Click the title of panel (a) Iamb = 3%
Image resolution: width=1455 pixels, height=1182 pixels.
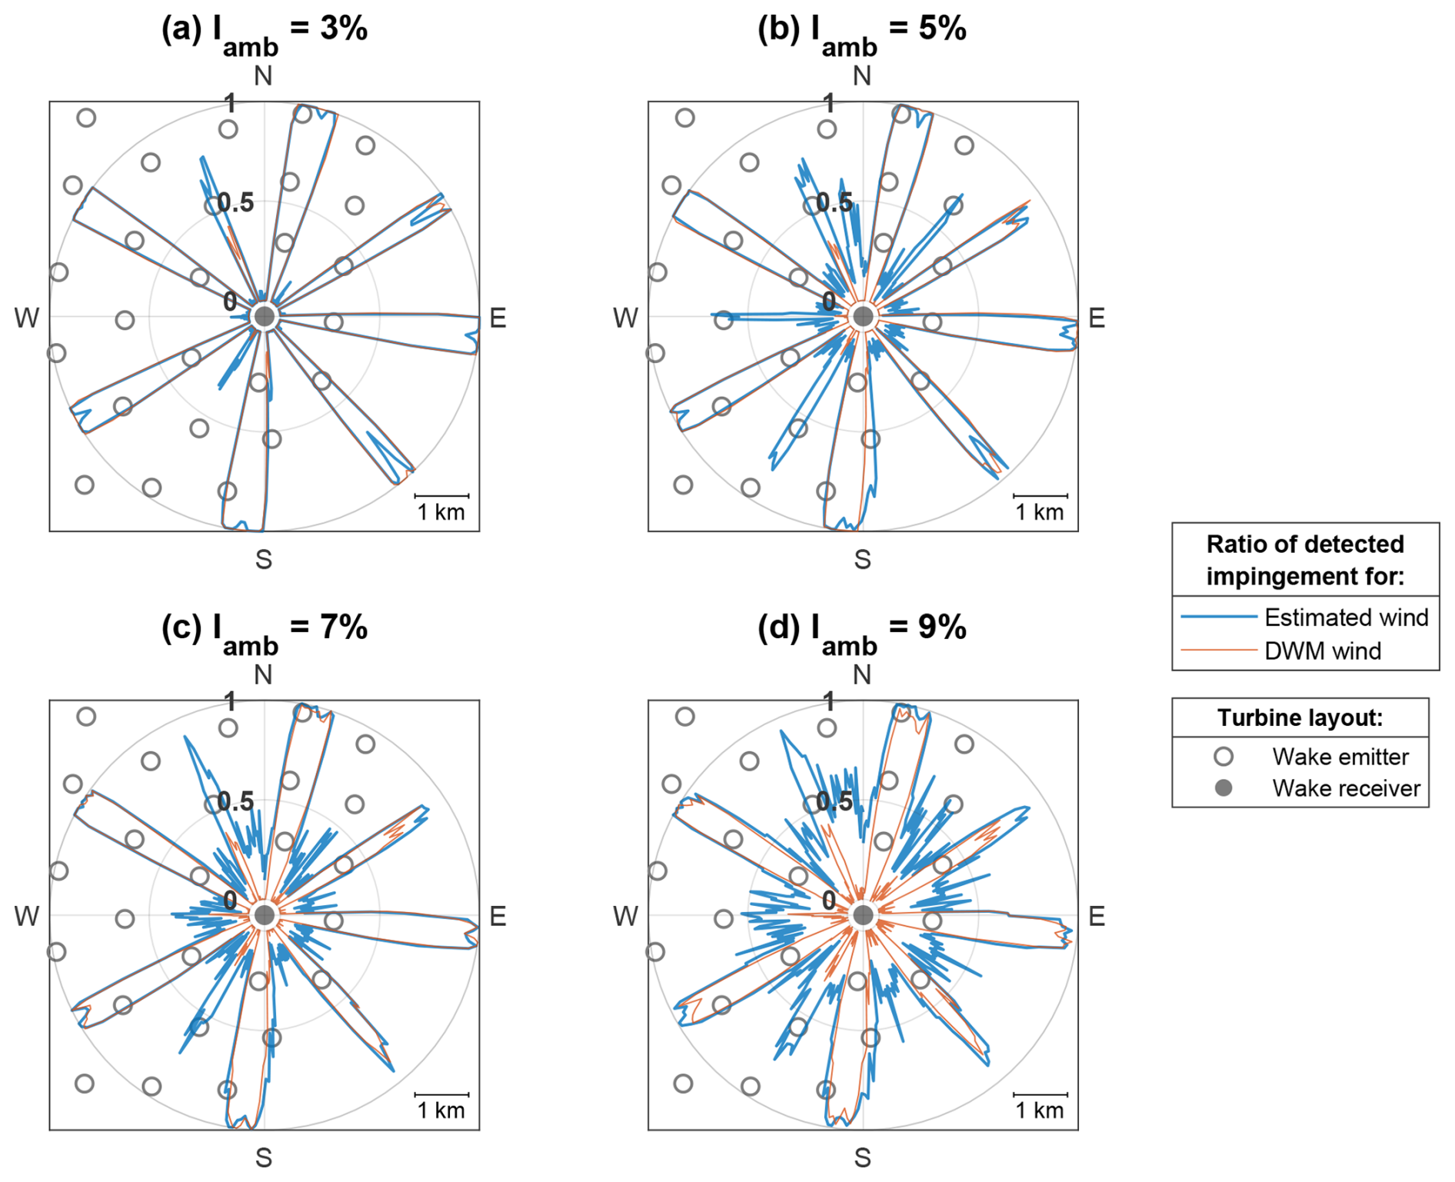pyautogui.click(x=264, y=31)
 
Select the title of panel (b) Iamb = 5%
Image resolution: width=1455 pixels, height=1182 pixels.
pyautogui.click(x=861, y=31)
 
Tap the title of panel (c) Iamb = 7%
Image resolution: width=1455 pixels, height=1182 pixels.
pyautogui.click(x=264, y=630)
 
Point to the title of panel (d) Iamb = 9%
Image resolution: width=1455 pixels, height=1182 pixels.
pyautogui.click(x=861, y=630)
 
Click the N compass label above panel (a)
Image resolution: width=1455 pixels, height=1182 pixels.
pyautogui.click(x=263, y=76)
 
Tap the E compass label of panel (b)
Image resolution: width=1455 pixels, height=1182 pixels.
pyautogui.click(x=1097, y=318)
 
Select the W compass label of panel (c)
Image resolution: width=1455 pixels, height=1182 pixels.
pyautogui.click(x=26, y=916)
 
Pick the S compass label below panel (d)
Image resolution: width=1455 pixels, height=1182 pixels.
pyautogui.click(x=862, y=1157)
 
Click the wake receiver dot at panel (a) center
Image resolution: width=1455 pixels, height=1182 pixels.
pyautogui.click(x=265, y=316)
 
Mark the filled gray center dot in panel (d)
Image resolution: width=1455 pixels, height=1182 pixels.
pyautogui.click(x=863, y=915)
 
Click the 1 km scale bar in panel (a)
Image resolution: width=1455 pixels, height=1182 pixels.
pyautogui.click(x=441, y=496)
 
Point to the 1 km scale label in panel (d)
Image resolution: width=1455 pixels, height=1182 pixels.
pyautogui.click(x=1040, y=1110)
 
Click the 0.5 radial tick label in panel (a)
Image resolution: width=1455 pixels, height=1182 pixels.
pyautogui.click(x=235, y=203)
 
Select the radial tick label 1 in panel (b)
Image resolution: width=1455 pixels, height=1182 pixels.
pyautogui.click(x=828, y=102)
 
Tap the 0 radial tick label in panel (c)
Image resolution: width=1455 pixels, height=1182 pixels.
pyautogui.click(x=229, y=900)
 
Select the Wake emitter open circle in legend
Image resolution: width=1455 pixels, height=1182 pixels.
pyautogui.click(x=1224, y=757)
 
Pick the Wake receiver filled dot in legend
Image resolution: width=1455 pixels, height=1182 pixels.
pyautogui.click(x=1224, y=788)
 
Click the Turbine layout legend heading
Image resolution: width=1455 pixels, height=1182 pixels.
pyautogui.click(x=1300, y=718)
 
